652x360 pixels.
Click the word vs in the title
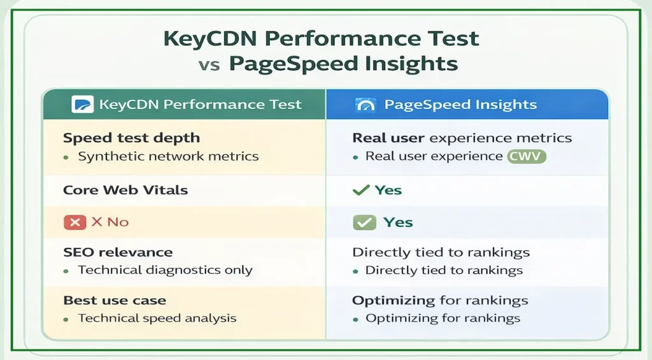click(210, 64)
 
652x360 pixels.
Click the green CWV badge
click(527, 156)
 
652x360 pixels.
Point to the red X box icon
click(74, 222)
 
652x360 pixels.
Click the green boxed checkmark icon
click(364, 222)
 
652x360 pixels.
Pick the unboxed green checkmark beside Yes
click(361, 190)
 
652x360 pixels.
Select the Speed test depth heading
click(131, 138)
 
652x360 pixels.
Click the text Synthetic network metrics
click(168, 156)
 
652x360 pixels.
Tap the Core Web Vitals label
click(125, 190)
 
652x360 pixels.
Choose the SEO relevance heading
click(117, 252)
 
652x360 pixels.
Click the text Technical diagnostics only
click(165, 270)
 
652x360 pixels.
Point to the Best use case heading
click(115, 300)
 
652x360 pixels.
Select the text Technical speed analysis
click(157, 318)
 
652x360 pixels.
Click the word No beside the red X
click(118, 222)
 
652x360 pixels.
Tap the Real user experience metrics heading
click(462, 138)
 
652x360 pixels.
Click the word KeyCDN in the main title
click(209, 38)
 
